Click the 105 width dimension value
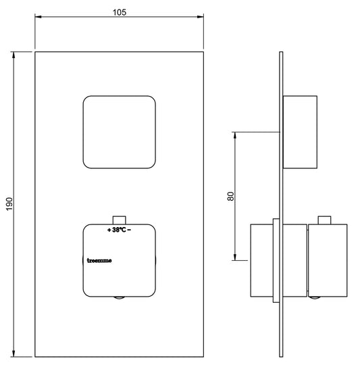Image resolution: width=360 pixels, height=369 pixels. (120, 12)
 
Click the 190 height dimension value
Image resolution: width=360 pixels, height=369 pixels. (9, 204)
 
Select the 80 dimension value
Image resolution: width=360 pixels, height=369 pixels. (231, 196)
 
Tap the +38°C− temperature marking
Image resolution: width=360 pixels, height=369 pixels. (120, 230)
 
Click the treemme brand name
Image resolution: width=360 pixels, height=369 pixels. (99, 260)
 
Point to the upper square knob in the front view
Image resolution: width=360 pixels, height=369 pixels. (120, 132)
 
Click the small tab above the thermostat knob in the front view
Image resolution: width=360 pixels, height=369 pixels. (120, 220)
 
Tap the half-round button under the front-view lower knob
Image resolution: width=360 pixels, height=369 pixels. (120, 297)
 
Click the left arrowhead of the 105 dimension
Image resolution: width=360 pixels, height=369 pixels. (38, 17)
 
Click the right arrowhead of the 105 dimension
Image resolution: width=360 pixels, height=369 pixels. (201, 17)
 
